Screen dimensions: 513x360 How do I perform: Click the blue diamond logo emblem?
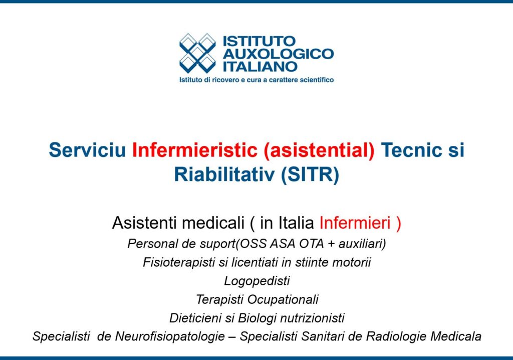coord(197,53)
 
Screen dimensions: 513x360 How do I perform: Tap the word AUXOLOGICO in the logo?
coord(279,54)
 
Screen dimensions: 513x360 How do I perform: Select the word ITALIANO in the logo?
coord(260,67)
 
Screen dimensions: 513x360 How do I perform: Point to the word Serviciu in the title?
coord(87,150)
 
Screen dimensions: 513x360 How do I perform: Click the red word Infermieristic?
coord(195,150)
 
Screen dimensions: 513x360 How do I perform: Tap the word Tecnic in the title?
coord(411,150)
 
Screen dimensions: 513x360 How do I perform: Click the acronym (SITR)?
coord(310,174)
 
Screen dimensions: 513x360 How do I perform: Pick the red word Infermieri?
coord(355,223)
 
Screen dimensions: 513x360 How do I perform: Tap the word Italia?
coord(296,223)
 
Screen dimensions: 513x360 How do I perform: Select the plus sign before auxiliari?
coord(331,244)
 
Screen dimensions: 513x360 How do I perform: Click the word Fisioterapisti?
coord(179,262)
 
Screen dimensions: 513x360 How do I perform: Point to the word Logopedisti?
coord(257,281)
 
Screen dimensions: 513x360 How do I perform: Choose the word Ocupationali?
coord(283,299)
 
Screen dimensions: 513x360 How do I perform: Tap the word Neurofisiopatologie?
coord(170,336)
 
